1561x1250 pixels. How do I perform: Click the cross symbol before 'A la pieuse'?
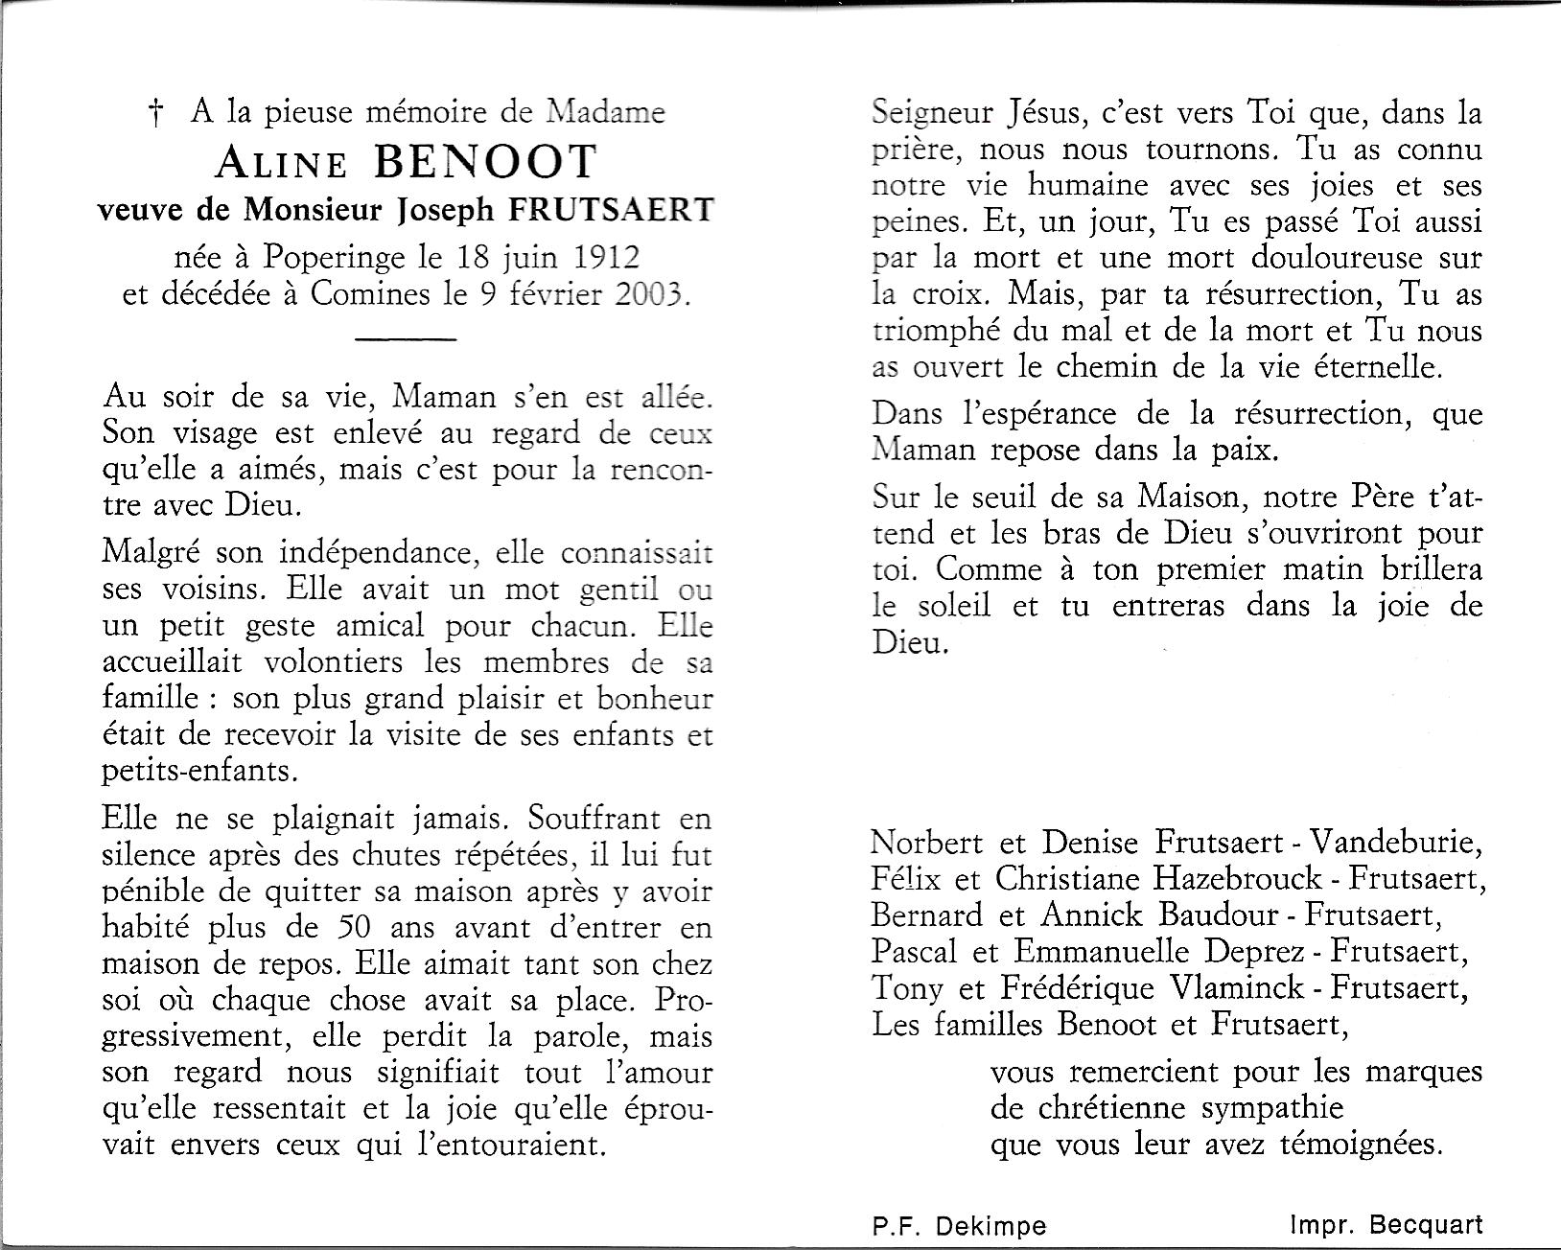[154, 116]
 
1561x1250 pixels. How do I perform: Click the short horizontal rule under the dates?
[405, 338]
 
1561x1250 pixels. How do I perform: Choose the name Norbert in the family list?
[926, 843]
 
